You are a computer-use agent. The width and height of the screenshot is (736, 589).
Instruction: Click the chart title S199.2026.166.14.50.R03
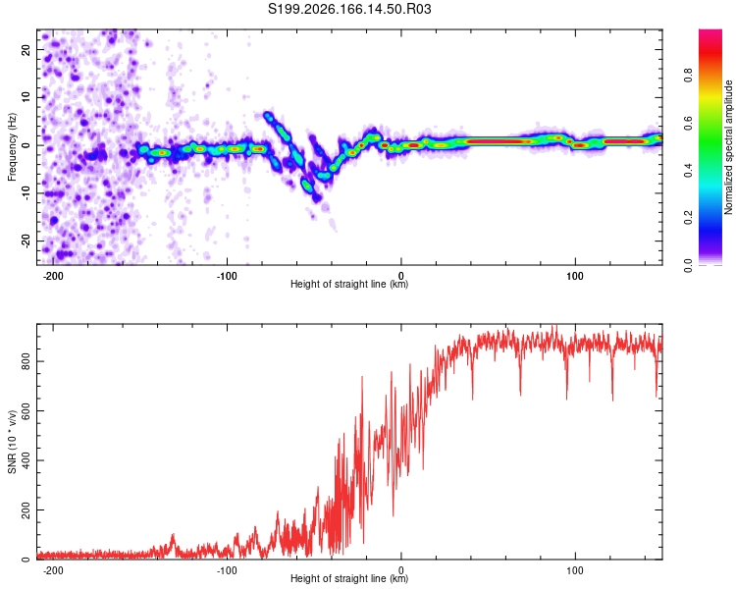click(349, 9)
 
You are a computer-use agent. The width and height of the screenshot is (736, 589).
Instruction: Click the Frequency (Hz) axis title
click(12, 147)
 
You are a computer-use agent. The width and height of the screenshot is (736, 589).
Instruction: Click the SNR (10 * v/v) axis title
click(12, 442)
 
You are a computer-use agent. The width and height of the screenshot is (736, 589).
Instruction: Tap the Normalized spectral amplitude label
click(728, 147)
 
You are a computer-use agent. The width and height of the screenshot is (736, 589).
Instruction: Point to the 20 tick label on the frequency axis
click(26, 50)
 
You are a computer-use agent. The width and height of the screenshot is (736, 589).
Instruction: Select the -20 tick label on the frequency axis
click(26, 241)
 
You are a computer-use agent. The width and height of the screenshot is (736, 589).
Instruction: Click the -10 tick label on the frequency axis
click(26, 192)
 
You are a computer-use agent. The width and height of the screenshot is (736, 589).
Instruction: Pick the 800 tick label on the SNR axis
click(26, 361)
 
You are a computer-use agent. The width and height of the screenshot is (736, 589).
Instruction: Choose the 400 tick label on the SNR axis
click(26, 460)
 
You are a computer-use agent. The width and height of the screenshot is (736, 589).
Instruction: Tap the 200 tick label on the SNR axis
click(26, 509)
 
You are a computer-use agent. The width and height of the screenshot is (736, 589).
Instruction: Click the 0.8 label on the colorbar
click(688, 76)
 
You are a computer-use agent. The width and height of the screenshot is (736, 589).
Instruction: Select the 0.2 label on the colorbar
click(688, 218)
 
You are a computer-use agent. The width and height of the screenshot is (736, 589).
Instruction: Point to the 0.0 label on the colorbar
click(688, 265)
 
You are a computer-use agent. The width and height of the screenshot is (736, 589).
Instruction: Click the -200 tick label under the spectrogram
click(53, 276)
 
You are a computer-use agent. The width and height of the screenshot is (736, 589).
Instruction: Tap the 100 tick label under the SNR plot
click(574, 570)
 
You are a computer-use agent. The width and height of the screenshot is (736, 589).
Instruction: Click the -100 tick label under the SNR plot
click(227, 570)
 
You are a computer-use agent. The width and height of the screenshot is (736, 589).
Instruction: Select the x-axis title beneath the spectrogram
click(349, 284)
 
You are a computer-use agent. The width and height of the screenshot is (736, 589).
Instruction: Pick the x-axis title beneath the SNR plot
click(349, 578)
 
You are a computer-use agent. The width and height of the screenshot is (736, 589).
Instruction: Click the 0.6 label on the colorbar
click(688, 123)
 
